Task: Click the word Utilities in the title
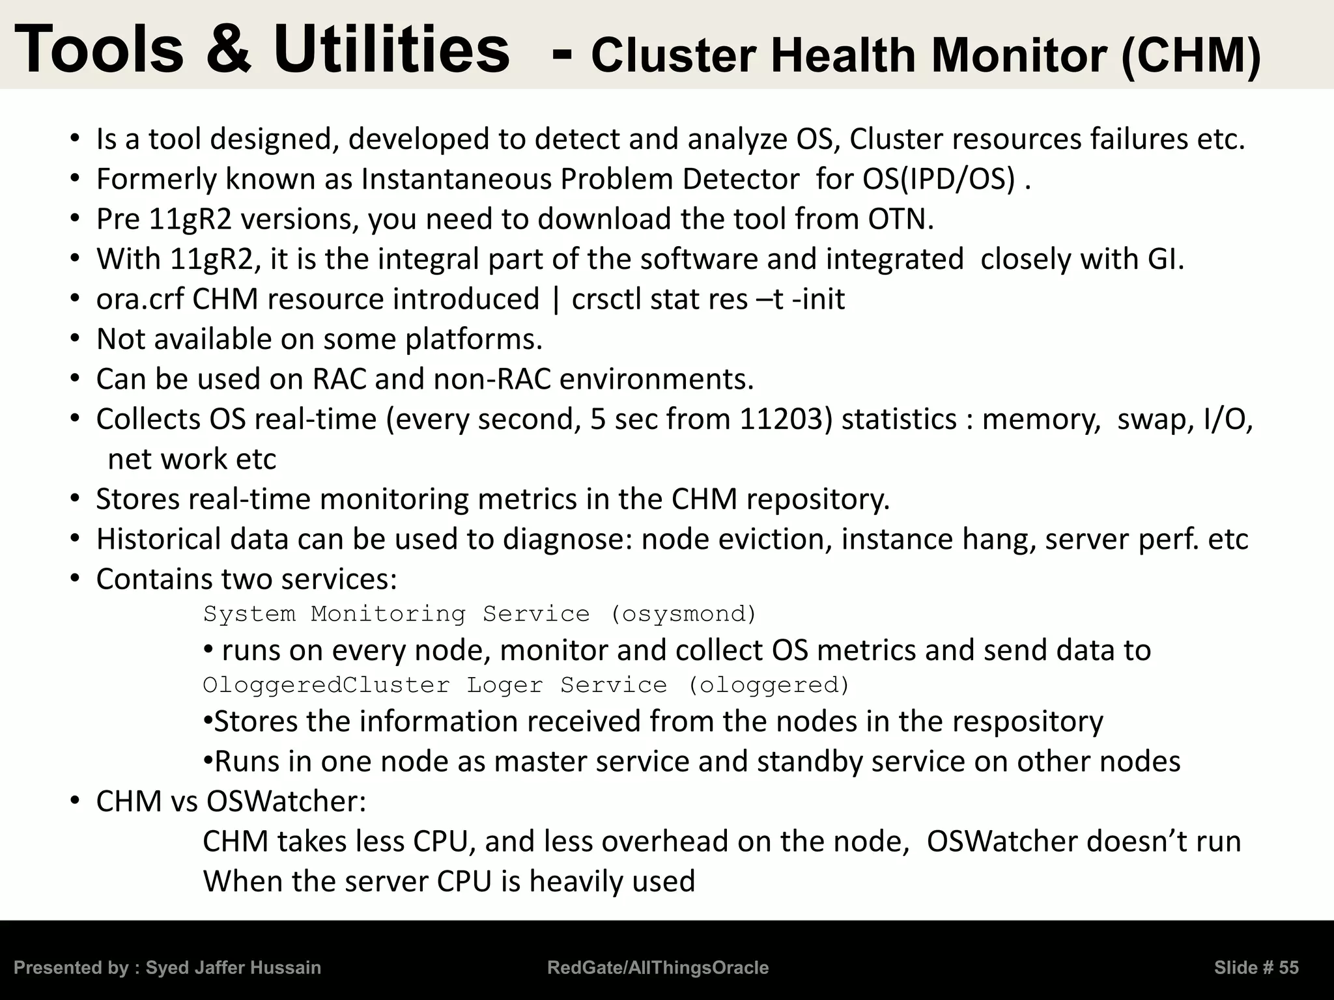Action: click(391, 49)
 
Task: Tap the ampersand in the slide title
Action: click(229, 49)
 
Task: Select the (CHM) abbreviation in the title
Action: click(1191, 56)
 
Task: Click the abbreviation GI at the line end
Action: click(1165, 259)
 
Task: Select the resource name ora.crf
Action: click(140, 299)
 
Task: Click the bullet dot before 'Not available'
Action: click(76, 339)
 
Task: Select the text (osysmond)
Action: click(683, 614)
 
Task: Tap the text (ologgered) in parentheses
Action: click(769, 685)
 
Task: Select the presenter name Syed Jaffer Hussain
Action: click(233, 968)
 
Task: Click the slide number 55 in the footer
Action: click(1288, 968)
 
